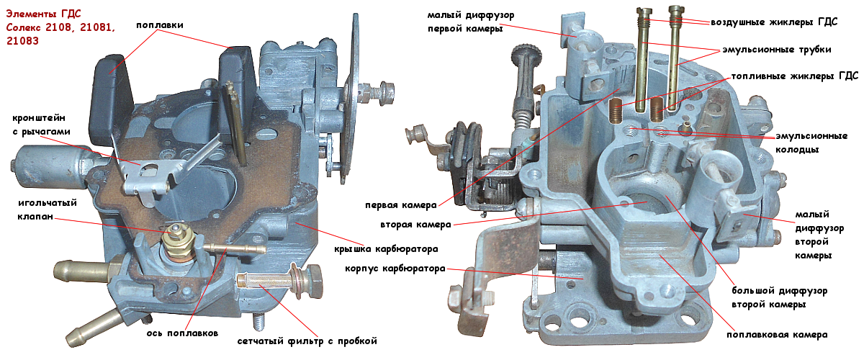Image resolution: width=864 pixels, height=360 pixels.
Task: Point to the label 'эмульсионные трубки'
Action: [x=777, y=50]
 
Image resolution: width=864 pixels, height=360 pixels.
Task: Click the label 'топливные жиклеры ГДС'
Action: [x=783, y=76]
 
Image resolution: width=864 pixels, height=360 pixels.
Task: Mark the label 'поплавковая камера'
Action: [x=777, y=335]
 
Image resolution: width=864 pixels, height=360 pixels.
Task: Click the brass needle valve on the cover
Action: [x=174, y=238]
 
